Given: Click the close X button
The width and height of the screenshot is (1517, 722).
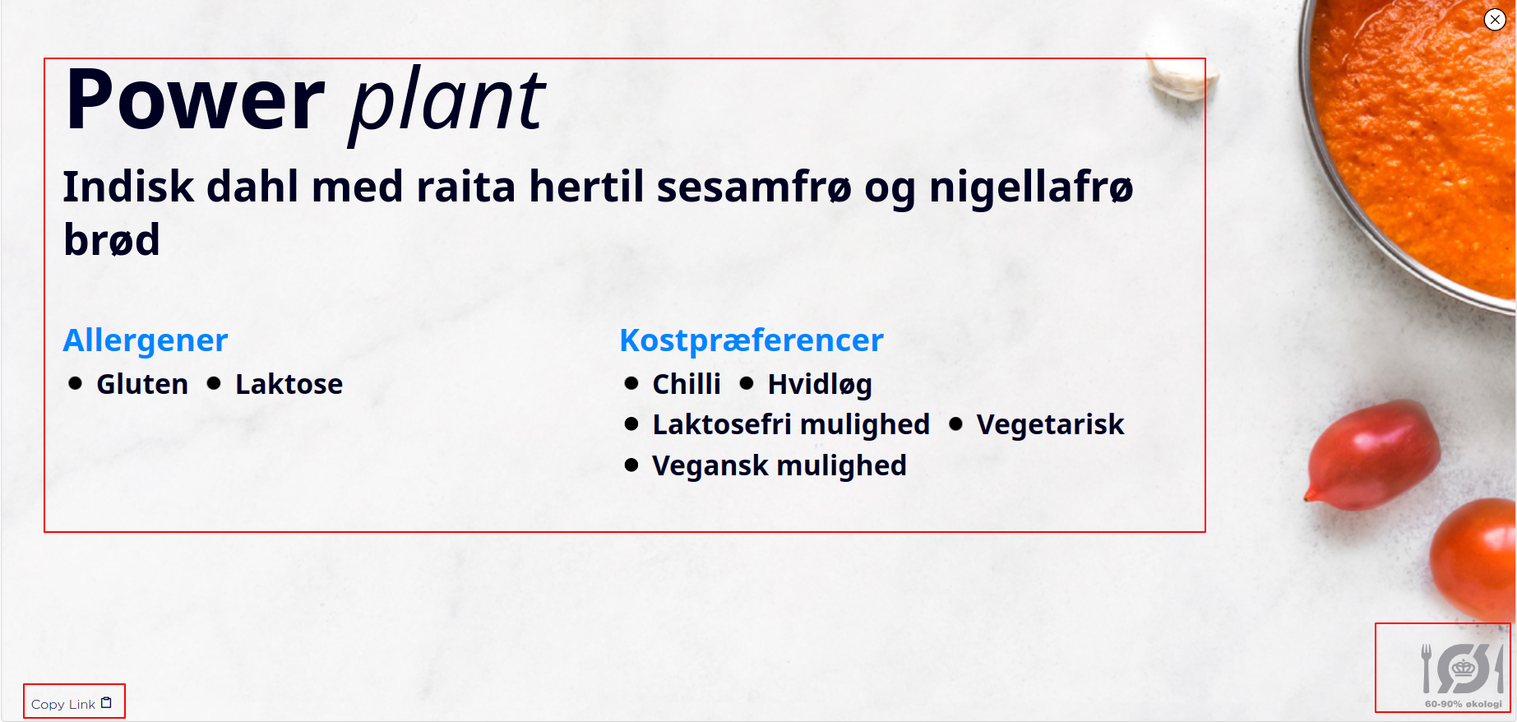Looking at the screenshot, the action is click(1495, 20).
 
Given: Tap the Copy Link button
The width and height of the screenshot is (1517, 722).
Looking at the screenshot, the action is click(73, 703).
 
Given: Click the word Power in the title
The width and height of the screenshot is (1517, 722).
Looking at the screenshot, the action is click(196, 100).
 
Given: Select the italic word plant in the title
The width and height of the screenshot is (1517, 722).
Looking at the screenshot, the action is click(446, 104).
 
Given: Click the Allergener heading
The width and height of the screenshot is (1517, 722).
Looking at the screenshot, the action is click(146, 340).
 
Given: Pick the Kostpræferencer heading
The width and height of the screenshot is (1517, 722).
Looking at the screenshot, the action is click(752, 340).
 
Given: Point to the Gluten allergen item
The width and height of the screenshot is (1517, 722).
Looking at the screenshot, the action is click(142, 384).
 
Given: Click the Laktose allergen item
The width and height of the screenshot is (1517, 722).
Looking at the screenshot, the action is click(289, 384).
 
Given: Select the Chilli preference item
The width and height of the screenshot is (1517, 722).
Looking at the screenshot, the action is click(687, 384).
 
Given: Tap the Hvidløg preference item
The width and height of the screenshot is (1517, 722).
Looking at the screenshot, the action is click(820, 385).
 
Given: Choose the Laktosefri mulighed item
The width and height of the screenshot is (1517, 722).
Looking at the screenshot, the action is click(791, 425).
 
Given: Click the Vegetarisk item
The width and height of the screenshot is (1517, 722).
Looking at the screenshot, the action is click(1050, 424).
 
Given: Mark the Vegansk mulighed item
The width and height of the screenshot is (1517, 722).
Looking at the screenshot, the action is click(779, 466).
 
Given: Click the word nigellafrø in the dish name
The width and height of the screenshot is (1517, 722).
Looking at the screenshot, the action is click(1031, 187).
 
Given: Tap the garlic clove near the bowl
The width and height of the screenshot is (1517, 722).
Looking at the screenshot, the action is click(1182, 72).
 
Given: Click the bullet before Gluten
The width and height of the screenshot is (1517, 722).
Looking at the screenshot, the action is click(76, 383).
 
